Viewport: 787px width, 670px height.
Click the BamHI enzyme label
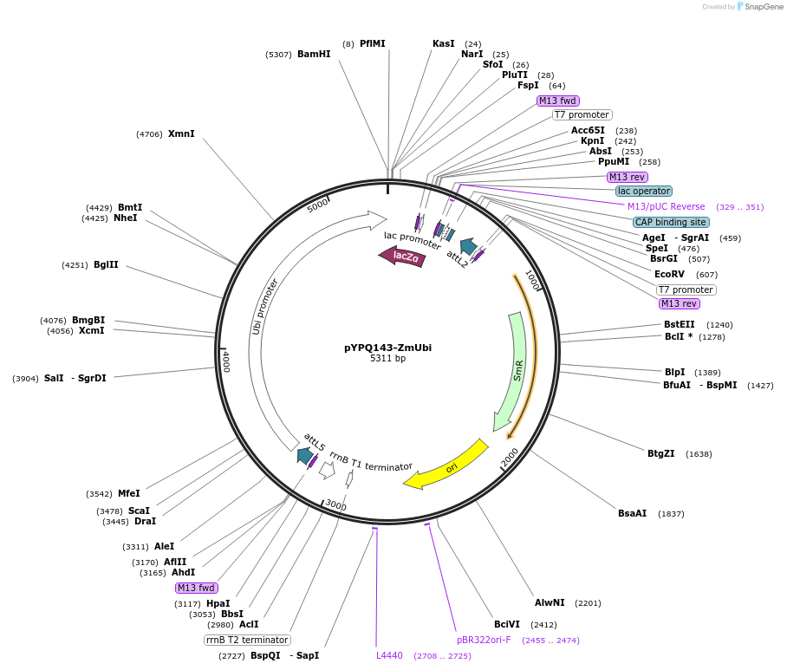[x=314, y=54]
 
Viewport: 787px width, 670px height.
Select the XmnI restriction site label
[x=181, y=133]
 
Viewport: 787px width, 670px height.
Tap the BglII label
[x=106, y=264]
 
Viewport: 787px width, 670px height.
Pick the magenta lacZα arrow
[x=402, y=256]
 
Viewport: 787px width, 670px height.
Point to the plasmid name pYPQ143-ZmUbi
[x=387, y=348]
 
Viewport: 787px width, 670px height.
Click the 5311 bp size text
[x=387, y=358]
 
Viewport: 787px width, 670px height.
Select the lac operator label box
[x=644, y=191]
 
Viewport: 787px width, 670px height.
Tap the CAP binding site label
[x=671, y=222]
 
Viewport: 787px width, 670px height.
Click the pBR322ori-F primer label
[x=484, y=640]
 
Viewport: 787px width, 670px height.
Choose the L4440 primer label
[x=389, y=655]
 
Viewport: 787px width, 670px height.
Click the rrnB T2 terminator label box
[x=247, y=640]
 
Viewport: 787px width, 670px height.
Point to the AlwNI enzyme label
[x=550, y=602]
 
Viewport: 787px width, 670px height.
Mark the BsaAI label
[x=632, y=513]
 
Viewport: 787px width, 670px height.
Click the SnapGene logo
[x=760, y=7]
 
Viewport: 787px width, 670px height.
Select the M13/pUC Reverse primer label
[x=666, y=206]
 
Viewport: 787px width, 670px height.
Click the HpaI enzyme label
[x=218, y=603]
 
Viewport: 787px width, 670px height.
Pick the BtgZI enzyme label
[x=660, y=453]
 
